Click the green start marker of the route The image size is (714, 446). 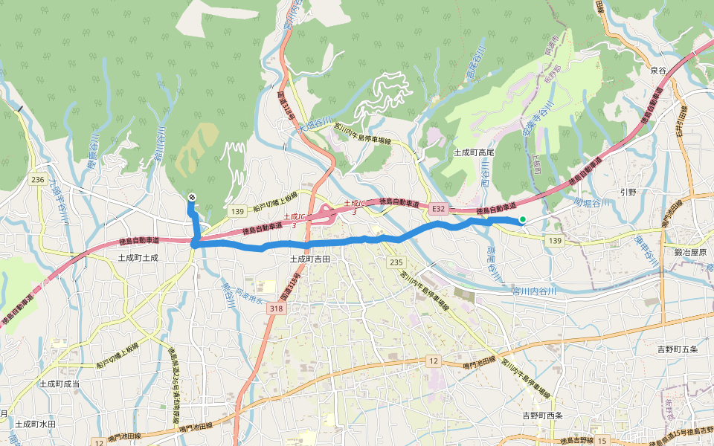(x=523, y=219)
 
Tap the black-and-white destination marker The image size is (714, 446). (x=192, y=197)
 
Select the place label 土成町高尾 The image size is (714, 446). (x=475, y=152)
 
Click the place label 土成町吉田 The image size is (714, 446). (x=309, y=259)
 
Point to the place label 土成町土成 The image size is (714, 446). (x=138, y=256)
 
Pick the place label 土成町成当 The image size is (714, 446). (x=59, y=384)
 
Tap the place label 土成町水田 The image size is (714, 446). (x=36, y=423)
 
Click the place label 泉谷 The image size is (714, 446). (x=658, y=70)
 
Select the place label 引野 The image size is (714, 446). (x=628, y=191)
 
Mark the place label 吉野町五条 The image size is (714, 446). (x=678, y=349)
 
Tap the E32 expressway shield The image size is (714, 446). (x=439, y=209)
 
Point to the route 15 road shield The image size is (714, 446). (x=602, y=442)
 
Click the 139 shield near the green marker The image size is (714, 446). (x=554, y=240)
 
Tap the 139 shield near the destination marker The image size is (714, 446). (x=237, y=212)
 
